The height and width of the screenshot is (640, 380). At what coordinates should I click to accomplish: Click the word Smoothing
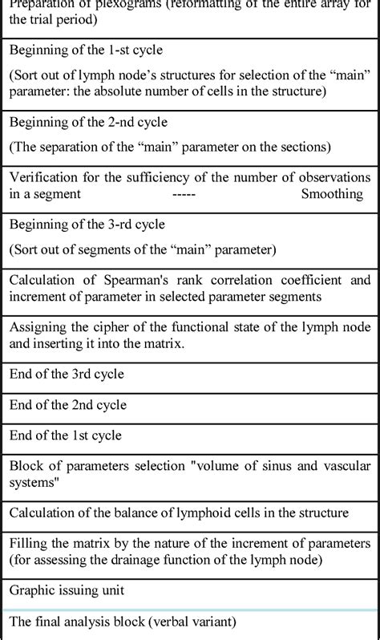pyautogui.click(x=332, y=193)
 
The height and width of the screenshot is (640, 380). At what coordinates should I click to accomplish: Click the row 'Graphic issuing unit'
pyautogui.click(x=67, y=590)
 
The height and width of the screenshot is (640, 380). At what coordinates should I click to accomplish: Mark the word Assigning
pyautogui.click(x=38, y=326)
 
